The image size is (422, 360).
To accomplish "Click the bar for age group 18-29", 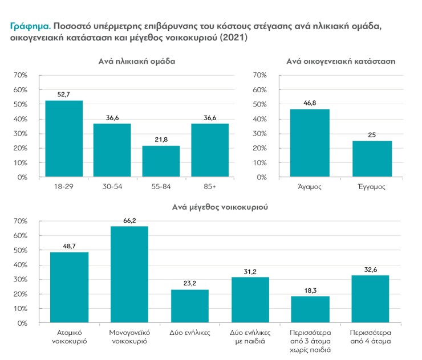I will pyautogui.click(x=64, y=139).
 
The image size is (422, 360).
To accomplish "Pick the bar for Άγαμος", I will pyautogui.click(x=310, y=143).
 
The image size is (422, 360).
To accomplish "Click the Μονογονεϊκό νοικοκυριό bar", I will pyautogui.click(x=129, y=275).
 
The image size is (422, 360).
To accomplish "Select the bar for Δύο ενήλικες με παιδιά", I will pyautogui.click(x=250, y=300).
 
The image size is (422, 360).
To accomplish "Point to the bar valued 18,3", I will pyautogui.click(x=310, y=309).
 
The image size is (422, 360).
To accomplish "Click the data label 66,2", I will pyautogui.click(x=129, y=220).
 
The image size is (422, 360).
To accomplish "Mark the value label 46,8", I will pyautogui.click(x=310, y=104).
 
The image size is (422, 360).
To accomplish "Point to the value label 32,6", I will pyautogui.click(x=371, y=269).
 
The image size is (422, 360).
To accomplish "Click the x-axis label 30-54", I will pyautogui.click(x=112, y=187).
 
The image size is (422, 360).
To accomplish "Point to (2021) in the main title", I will pyautogui.click(x=233, y=38).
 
